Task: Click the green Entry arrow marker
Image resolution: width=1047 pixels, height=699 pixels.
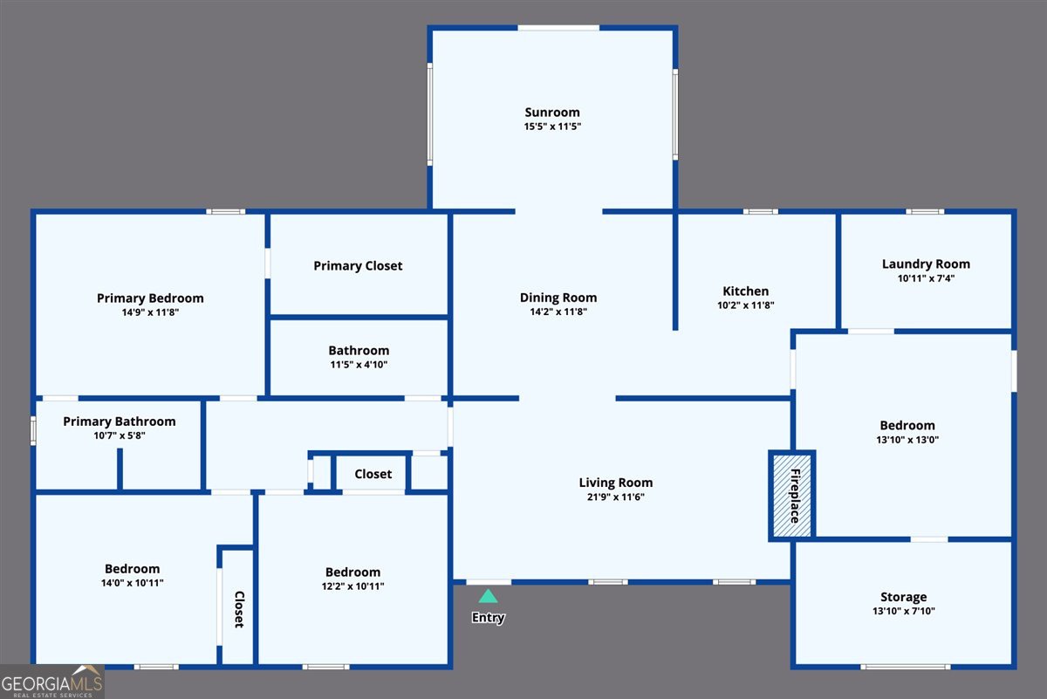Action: (489, 597)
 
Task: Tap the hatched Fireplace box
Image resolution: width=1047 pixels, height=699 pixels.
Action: (792, 496)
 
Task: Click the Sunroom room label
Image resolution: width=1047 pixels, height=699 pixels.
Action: (552, 113)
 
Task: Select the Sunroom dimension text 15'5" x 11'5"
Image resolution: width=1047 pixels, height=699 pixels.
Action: (552, 127)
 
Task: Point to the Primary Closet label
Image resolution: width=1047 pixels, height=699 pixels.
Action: (358, 265)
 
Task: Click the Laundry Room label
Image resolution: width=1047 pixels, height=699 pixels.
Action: (926, 264)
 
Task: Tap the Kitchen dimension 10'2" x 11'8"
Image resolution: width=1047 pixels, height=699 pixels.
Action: (746, 305)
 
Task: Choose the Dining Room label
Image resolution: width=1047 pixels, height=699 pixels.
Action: (558, 298)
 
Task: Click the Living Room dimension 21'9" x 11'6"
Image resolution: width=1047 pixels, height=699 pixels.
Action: (616, 497)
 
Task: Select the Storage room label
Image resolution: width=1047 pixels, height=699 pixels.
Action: (903, 597)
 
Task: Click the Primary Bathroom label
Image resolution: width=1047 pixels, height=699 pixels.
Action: (120, 421)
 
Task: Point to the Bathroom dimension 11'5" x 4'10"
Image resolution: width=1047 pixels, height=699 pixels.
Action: (359, 365)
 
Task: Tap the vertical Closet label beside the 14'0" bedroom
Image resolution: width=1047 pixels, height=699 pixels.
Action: (238, 609)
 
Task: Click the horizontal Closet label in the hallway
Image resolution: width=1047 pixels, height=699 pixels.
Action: (373, 474)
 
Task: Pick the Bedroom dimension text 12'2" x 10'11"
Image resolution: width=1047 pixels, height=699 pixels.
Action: (353, 586)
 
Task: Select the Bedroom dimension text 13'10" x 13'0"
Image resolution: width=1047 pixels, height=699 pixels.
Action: (907, 440)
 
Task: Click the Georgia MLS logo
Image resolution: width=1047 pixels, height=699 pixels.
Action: (52, 682)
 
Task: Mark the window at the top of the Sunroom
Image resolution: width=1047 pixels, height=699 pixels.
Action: (558, 28)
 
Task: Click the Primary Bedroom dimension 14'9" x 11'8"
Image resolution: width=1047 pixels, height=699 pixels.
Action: (150, 312)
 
